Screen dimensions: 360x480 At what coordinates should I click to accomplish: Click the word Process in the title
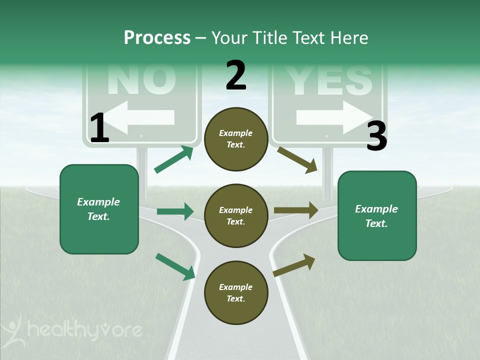[157, 37]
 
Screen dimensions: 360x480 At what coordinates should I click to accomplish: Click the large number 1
[99, 128]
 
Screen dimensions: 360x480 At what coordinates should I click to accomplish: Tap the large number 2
[236, 75]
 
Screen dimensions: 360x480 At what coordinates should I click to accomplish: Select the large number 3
[376, 136]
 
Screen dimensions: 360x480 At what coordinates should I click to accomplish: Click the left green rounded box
[99, 209]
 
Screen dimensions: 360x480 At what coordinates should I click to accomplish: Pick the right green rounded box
[377, 216]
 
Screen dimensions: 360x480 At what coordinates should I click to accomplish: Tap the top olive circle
[236, 139]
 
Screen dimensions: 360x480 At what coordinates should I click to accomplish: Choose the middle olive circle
[236, 216]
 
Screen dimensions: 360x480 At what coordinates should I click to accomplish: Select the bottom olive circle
[236, 293]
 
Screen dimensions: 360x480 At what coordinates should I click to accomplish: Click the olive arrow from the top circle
[297, 159]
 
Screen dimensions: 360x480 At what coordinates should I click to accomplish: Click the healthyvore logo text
[85, 330]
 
